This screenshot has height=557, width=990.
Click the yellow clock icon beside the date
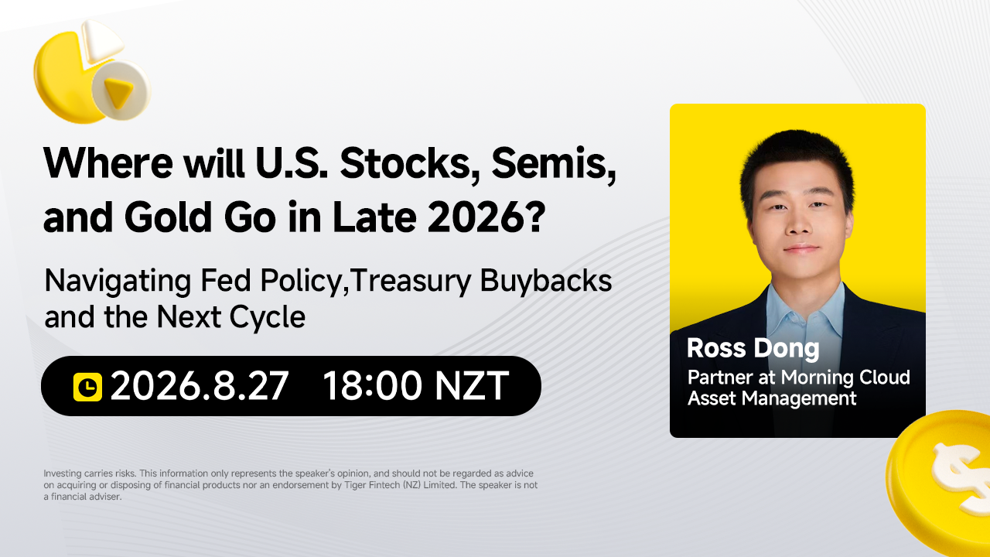coord(87,387)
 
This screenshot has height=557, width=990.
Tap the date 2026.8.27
coord(200,386)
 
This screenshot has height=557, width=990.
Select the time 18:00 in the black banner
coord(372,386)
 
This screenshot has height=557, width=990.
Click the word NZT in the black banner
coord(472,386)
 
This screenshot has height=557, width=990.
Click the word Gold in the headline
coord(169,217)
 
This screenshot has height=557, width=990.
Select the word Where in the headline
coord(108,162)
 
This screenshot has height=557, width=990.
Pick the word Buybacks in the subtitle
coord(546,281)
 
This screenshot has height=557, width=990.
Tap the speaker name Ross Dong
coord(753,348)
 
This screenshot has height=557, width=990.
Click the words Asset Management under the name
coord(772,398)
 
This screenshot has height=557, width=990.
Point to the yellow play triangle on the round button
coord(118,92)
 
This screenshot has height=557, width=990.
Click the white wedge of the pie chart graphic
coord(101,40)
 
